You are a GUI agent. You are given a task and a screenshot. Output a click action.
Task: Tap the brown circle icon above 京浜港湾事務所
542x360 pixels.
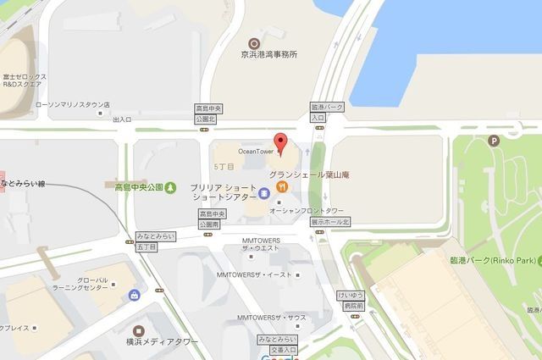(x=252, y=42)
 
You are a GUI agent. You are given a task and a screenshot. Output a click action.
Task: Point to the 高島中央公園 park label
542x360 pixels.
(x=139, y=184)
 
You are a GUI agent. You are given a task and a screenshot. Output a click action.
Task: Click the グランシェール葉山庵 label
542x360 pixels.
(x=310, y=175)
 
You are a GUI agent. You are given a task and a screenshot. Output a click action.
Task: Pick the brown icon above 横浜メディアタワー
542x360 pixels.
(x=141, y=327)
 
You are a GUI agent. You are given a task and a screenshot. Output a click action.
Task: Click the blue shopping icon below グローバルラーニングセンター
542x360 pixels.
(x=134, y=295)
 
